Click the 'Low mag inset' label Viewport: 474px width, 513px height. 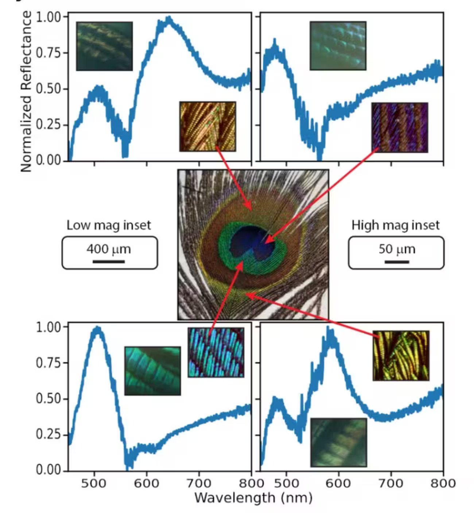tap(109, 225)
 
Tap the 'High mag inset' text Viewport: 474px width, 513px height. tap(396, 225)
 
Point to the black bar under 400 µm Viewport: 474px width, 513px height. tap(109, 261)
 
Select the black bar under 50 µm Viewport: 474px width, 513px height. tap(397, 261)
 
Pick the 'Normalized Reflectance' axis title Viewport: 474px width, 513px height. tap(26, 91)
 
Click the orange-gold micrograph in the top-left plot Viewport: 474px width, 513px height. tap(207, 126)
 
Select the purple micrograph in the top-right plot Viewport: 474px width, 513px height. tap(400, 127)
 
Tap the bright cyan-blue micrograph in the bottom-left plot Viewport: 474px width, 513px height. tap(216, 352)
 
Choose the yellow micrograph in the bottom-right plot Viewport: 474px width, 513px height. tap(401, 356)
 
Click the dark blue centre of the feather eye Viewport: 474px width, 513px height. tap(248, 240)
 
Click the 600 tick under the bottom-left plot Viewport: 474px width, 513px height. tap(147, 483)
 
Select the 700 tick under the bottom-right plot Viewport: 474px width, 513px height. tap(391, 483)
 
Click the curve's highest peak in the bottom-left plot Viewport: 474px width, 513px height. tap(97, 328)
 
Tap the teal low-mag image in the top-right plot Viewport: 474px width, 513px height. tap(338, 46)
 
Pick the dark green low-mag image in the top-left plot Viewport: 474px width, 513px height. tap(104, 46)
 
